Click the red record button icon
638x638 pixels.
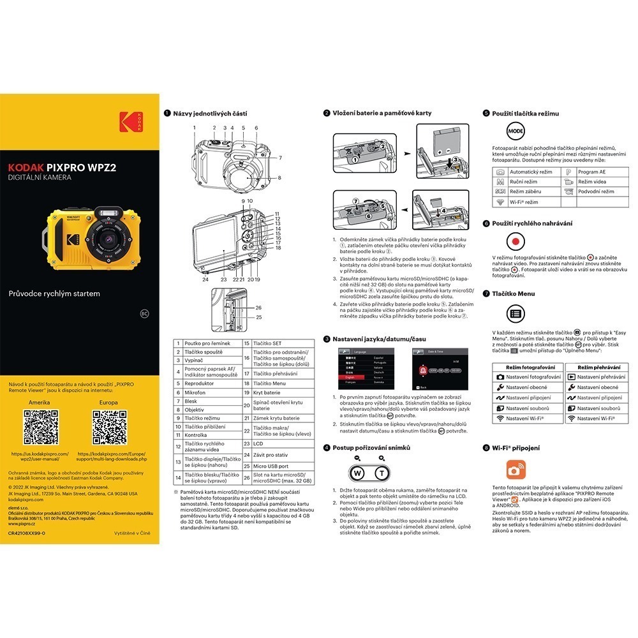(514, 241)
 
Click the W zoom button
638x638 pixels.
(358, 473)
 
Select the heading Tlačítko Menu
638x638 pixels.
(517, 294)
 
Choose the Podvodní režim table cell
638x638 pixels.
(596, 191)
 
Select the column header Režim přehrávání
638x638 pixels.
(599, 367)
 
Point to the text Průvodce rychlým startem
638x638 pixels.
(54, 294)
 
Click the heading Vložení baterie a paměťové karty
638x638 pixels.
(382, 113)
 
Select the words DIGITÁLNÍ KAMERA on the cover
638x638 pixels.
(40, 177)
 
